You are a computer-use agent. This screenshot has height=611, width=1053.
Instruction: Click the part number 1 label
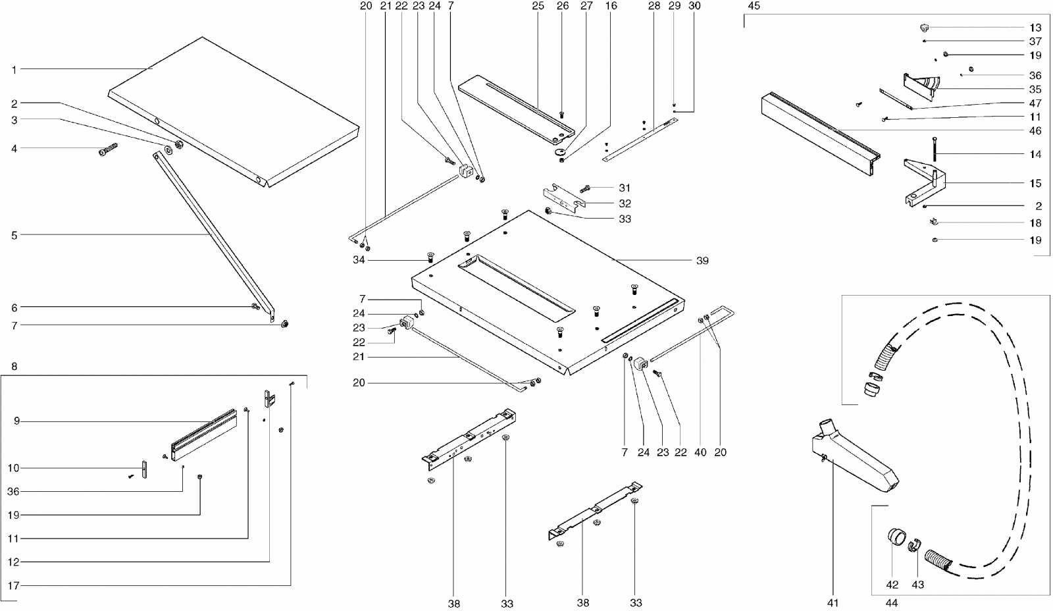coord(14,69)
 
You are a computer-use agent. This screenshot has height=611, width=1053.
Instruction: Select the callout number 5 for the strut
coord(14,234)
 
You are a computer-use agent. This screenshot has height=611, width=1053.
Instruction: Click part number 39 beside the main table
coord(702,261)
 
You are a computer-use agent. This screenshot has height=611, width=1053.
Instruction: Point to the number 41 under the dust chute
coord(833,602)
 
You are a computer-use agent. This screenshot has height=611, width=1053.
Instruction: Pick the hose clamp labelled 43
coord(913,546)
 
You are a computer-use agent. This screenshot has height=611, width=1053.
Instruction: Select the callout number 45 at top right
coord(754,6)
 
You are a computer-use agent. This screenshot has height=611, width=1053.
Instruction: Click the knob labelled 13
coord(924,28)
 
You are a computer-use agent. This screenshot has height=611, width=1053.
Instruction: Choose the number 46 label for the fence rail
coord(1035,131)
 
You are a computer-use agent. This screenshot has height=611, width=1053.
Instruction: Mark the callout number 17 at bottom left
coord(14,585)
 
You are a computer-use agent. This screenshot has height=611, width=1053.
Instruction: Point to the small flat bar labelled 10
coord(143,469)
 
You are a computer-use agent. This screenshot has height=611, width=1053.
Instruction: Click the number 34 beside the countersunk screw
coord(359,261)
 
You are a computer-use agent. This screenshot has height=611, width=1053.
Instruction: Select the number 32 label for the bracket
coord(625,203)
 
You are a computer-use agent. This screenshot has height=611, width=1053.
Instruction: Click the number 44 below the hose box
coord(892,602)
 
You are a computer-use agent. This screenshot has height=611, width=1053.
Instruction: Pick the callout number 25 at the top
coord(538,6)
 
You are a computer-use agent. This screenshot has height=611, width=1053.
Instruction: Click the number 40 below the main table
coord(700,452)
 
